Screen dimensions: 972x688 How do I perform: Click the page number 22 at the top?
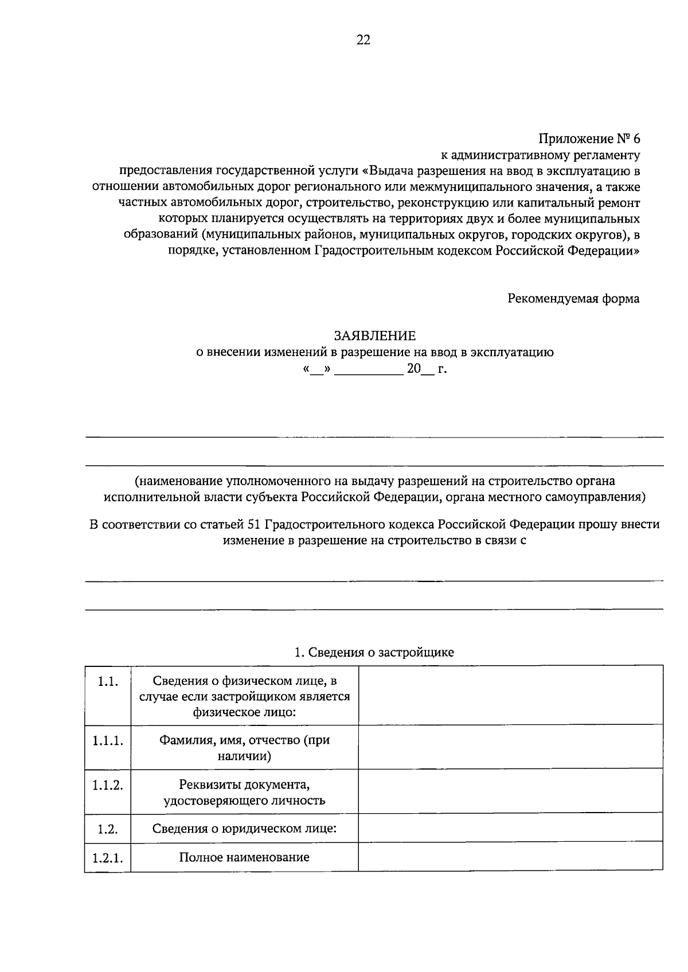363,40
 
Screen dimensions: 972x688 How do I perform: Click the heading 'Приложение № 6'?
589,139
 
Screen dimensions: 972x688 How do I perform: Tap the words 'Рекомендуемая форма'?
573,299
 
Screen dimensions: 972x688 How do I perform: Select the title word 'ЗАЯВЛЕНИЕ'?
375,335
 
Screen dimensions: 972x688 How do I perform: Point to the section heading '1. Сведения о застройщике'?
374,652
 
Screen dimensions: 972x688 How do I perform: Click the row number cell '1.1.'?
108,681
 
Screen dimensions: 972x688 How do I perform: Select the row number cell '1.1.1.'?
108,740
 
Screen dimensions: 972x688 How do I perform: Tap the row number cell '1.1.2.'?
108,784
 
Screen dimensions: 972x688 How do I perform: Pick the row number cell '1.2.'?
108,829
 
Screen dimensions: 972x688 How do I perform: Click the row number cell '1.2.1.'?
108,858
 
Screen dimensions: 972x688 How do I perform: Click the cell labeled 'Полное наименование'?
244,857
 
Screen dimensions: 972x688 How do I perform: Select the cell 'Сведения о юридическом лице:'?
244,829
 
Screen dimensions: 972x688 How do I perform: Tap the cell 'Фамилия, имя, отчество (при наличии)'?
244,748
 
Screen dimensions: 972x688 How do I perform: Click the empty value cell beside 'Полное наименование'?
510,857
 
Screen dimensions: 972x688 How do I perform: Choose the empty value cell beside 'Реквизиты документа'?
510,791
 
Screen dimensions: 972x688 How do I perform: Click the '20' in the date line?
413,369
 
